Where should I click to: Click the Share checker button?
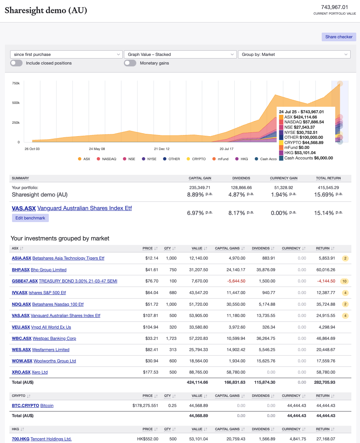(x=339, y=37)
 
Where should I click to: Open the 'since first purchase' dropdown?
(x=66, y=54)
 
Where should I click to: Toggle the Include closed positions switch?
(x=17, y=63)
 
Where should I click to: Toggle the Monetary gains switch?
(x=130, y=63)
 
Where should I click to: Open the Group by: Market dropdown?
(x=294, y=54)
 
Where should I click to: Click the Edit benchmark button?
(x=30, y=218)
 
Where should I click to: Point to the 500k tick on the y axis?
(x=16, y=103)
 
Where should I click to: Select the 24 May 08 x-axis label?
(x=97, y=149)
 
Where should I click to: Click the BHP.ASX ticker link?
(x=21, y=270)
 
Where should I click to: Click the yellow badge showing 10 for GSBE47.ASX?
(x=344, y=281)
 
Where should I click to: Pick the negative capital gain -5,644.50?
(x=235, y=281)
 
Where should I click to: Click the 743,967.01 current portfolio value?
(x=334, y=7)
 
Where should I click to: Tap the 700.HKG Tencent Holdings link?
(x=41, y=439)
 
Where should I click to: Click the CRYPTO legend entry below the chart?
(x=196, y=159)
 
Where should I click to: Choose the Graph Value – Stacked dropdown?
(x=180, y=54)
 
